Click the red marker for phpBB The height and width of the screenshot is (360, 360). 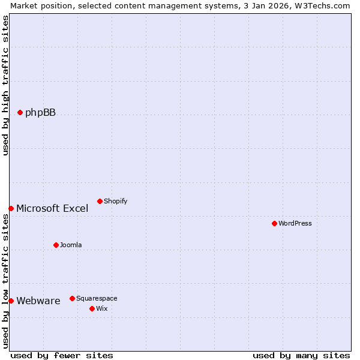pos(20,112)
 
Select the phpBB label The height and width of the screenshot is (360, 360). pos(40,112)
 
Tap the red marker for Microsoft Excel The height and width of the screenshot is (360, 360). pos(11,208)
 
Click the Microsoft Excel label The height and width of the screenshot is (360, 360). pos(52,209)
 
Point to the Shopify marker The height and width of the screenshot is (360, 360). pos(100,201)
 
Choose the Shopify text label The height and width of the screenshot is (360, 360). pos(115,201)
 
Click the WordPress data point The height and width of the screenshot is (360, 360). pos(274,223)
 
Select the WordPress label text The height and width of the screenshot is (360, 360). pos(295,223)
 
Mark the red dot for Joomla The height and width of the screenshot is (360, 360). pos(56,245)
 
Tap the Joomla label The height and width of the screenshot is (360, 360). pos(71,245)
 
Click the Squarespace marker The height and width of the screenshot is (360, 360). pos(72,298)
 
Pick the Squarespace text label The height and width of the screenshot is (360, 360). pos(97,298)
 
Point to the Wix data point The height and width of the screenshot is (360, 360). pos(92,308)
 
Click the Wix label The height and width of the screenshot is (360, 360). pos(102,308)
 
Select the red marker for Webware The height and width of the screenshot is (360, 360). pos(11,301)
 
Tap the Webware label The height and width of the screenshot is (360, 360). pos(38,301)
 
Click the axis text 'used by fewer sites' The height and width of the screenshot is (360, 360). pos(62,355)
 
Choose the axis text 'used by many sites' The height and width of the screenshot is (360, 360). pos(301,355)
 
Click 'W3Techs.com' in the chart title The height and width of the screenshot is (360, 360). pos(324,5)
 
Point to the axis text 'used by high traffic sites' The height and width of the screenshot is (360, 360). pos(5,85)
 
